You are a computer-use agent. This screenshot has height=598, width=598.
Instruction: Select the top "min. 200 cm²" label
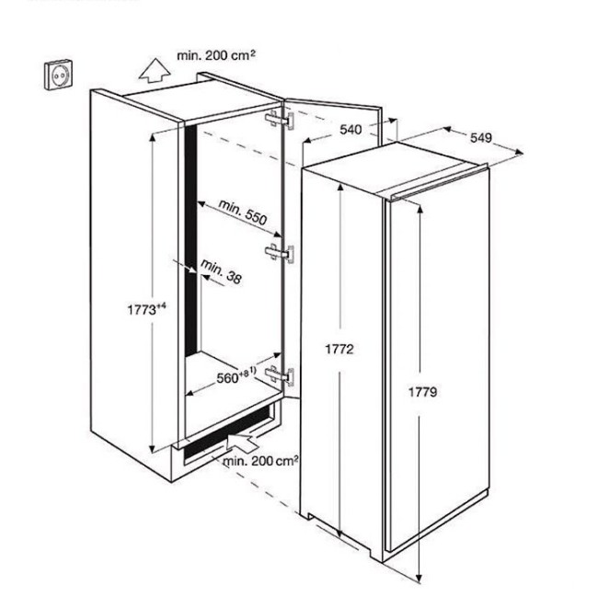217,55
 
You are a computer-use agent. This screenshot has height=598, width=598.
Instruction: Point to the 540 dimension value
350,130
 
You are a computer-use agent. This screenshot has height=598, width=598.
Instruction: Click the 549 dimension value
480,138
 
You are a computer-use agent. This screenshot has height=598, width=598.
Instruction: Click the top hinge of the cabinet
279,121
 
